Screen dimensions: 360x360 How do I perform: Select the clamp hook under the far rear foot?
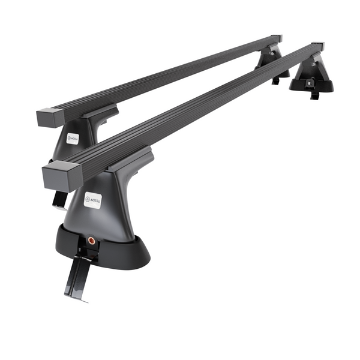click(x=276, y=80)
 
